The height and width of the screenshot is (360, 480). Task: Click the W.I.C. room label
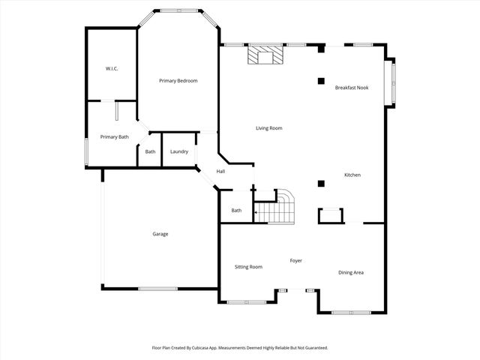tap(112, 69)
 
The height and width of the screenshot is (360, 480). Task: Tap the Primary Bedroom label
tap(178, 80)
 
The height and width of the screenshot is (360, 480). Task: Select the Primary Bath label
tap(115, 136)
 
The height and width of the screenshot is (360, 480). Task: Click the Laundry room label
tap(179, 151)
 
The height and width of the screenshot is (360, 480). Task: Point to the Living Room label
tap(268, 128)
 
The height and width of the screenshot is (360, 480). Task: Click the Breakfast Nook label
tap(351, 88)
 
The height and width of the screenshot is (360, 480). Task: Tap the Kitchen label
tap(352, 175)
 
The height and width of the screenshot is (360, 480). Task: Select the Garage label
tap(160, 234)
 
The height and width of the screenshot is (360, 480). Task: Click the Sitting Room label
tap(248, 266)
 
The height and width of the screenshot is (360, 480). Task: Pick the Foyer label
tap(296, 260)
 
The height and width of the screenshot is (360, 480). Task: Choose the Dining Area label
tap(351, 272)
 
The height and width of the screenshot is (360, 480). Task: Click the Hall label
tap(220, 172)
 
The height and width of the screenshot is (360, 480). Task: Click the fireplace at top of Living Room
tap(266, 55)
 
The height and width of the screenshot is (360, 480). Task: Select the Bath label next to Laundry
tap(150, 151)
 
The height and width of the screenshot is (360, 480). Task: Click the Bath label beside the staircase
tap(236, 210)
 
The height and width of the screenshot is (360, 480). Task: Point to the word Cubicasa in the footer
tap(209, 348)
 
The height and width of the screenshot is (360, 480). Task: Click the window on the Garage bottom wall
tap(157, 288)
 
